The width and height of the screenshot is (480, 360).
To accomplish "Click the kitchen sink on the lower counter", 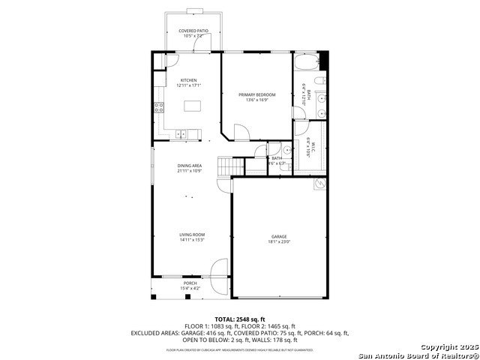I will point(183,135).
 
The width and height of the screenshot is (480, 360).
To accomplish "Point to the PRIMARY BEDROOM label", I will point(257,94).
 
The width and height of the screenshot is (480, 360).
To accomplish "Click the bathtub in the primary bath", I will point(305,62).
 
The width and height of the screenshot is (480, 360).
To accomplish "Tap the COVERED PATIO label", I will point(193,31).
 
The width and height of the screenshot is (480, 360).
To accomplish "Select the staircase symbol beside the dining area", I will point(226,166).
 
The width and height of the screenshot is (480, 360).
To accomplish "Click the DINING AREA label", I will point(189,165).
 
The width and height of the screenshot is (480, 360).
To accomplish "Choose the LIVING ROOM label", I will point(192,235).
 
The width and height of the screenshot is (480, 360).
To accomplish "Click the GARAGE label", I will point(278,236).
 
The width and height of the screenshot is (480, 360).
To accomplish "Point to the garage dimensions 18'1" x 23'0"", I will point(278,241).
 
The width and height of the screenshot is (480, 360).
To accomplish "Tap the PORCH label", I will point(190,283).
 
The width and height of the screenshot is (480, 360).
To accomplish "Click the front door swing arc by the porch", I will point(218,268).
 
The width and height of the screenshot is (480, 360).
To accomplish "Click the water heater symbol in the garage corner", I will point(320,183).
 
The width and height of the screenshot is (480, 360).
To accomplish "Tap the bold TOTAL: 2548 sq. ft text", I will point(239,319).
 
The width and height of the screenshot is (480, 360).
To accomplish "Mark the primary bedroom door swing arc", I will point(241,133).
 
